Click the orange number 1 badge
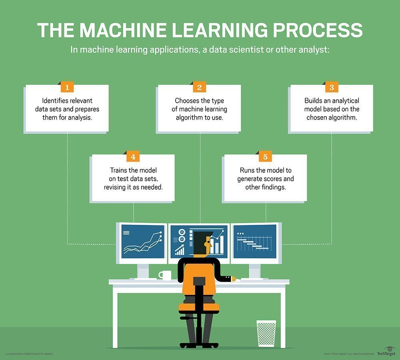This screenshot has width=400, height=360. tap(67, 88)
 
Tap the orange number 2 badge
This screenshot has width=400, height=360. tap(199, 88)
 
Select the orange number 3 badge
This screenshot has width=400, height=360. tap(332, 88)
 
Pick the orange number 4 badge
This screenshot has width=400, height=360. tap(133, 157)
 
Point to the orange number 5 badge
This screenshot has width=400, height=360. tap(265, 157)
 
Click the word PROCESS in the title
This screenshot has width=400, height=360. tap(318, 30)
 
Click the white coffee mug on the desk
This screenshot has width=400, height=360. tap(165, 275)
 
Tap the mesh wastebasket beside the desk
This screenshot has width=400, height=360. tap(266, 333)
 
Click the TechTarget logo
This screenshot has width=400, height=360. tap(386, 351)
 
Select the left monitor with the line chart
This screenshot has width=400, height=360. tap(142, 242)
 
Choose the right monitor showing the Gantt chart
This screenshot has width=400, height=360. tap(256, 242)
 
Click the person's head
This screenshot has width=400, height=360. tap(202, 243)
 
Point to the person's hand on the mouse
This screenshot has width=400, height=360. tap(234, 279)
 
